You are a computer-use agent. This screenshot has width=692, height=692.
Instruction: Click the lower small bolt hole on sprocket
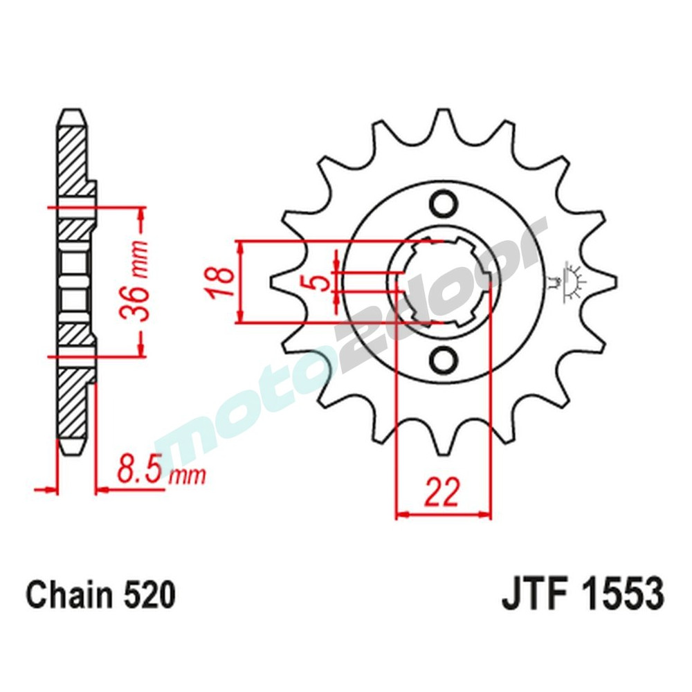[x=442, y=360]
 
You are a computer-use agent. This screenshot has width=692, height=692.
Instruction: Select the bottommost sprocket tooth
[x=443, y=443]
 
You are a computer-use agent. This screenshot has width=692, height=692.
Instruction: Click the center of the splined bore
[x=443, y=282]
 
